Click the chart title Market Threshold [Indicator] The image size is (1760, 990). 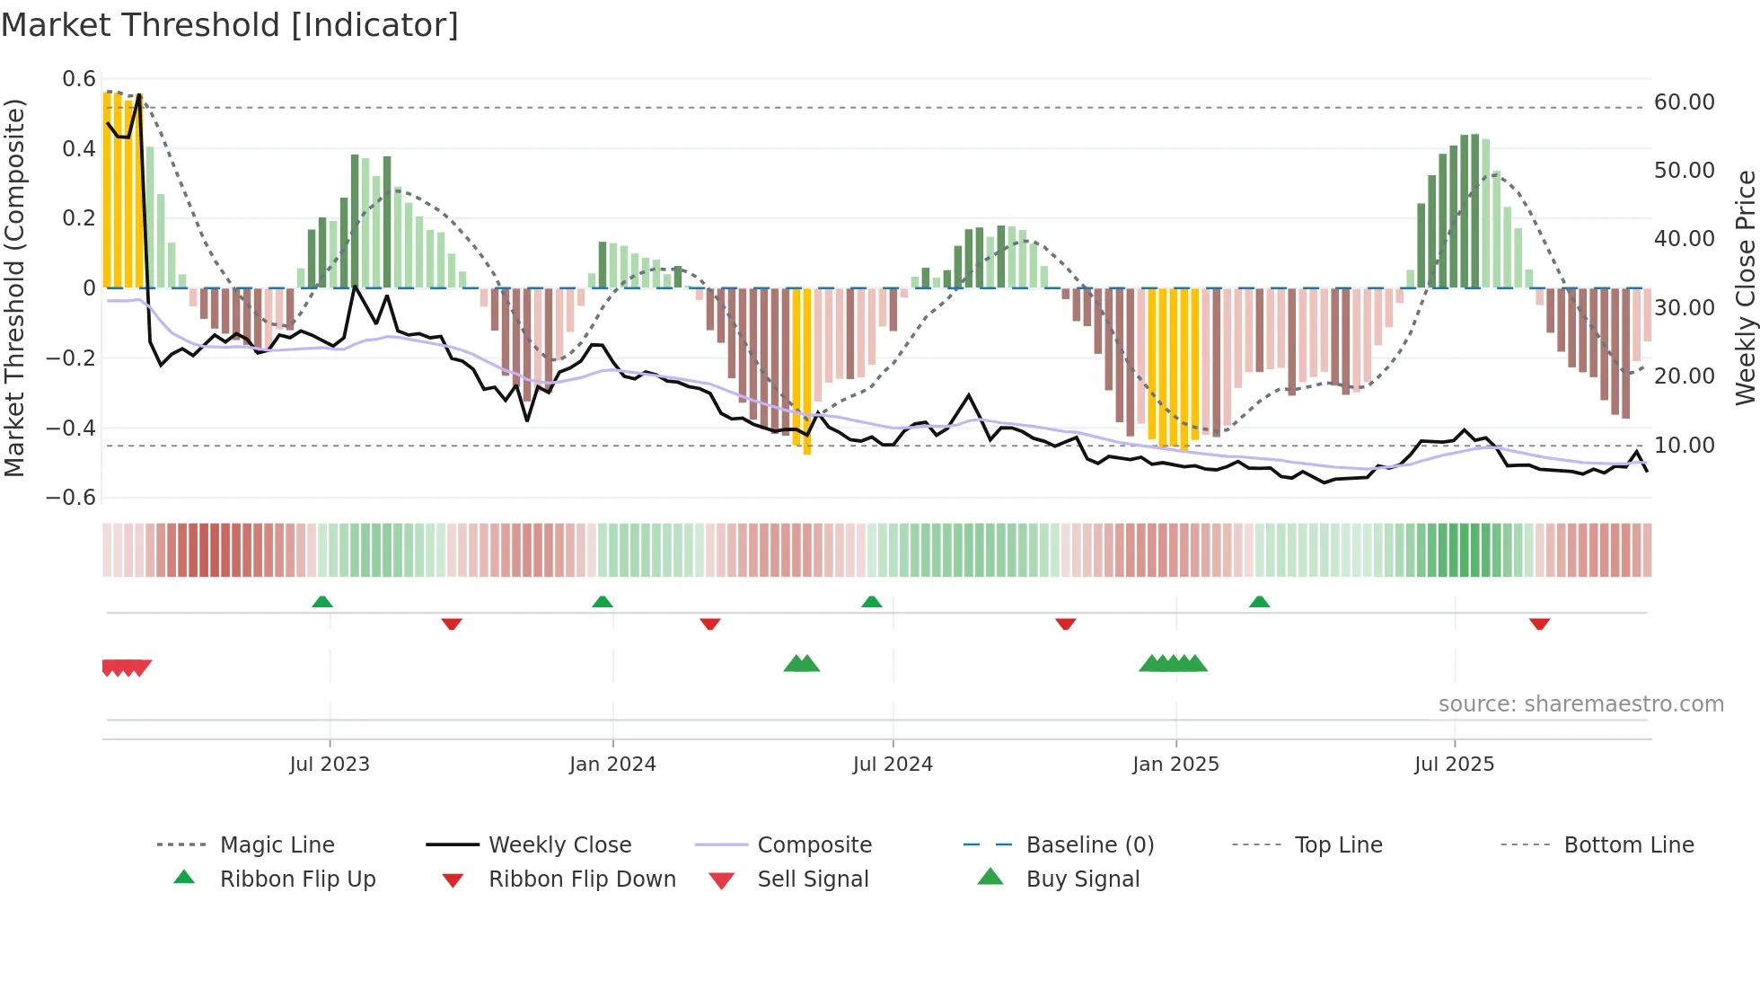click(230, 25)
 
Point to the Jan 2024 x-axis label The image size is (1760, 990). click(612, 765)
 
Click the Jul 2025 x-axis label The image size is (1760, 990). click(1454, 765)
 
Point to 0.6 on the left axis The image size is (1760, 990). click(79, 79)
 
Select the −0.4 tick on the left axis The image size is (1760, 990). click(71, 429)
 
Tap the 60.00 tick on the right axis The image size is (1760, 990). click(1684, 102)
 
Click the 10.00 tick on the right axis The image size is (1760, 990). click(1684, 446)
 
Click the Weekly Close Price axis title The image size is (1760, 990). click(1745, 287)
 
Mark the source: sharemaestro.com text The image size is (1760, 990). click(1580, 704)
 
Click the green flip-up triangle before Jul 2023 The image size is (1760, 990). click(322, 602)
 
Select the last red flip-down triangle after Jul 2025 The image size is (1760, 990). click(1539, 623)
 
